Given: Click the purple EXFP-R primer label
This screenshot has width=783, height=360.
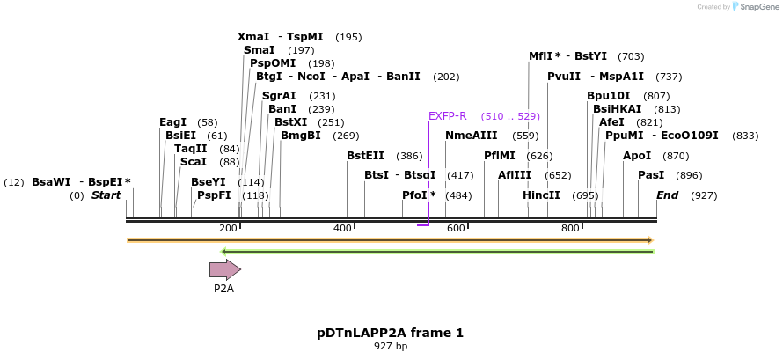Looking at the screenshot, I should [447, 116].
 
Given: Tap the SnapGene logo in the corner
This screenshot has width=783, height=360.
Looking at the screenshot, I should [743, 7].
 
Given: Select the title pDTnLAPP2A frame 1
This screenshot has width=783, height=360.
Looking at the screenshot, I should [390, 333].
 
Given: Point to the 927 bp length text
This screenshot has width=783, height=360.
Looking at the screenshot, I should [390, 347].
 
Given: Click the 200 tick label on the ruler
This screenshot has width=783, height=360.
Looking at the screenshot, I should [228, 228].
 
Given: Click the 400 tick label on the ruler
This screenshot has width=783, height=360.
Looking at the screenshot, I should [342, 228].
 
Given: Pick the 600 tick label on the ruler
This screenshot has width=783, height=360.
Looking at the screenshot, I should [456, 228].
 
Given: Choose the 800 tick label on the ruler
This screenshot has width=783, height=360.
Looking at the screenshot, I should [570, 228].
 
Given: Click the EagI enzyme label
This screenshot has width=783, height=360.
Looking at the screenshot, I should [172, 122].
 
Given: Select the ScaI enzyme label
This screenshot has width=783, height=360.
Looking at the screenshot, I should [193, 162].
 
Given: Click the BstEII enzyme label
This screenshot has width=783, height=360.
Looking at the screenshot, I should [365, 156].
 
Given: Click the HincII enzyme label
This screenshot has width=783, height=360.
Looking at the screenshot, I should [541, 195].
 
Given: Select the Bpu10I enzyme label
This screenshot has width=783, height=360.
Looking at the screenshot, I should [609, 96].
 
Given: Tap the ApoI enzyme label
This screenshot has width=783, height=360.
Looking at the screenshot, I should [637, 156].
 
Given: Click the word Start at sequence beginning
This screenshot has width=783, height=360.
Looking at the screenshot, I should [106, 195].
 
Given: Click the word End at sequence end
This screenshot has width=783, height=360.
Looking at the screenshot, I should [667, 195].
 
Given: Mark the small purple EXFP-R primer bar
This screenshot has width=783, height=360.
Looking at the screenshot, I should [422, 225].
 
